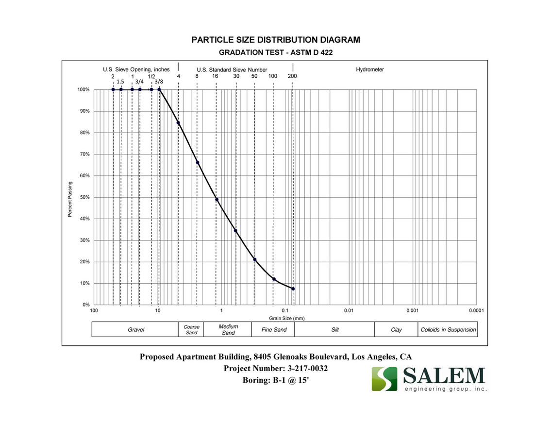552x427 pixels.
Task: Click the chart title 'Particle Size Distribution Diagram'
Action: point(276,40)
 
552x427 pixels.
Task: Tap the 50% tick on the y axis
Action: point(84,197)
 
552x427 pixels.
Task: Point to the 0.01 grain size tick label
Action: point(348,310)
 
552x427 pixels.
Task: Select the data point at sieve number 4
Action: point(178,122)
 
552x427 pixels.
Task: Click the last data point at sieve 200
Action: point(293,289)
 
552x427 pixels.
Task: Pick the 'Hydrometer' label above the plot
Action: point(369,69)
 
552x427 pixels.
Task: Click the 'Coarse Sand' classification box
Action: point(191,330)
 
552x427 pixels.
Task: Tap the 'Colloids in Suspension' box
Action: point(448,330)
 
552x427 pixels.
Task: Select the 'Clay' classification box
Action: point(396,330)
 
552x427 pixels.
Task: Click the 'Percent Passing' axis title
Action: point(70,199)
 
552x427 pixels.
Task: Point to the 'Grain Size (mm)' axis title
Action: point(286,318)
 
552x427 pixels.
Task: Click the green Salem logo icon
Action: point(385,379)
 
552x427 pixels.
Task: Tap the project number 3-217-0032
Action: point(276,369)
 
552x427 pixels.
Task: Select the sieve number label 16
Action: point(215,76)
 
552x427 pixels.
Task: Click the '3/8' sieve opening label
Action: point(159,82)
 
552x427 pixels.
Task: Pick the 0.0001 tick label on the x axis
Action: point(475,310)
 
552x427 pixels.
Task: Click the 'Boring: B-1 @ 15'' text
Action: point(275,380)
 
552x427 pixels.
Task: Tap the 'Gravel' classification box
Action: point(136,330)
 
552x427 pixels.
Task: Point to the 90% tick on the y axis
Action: point(84,111)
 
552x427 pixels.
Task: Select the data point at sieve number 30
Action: point(235,231)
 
